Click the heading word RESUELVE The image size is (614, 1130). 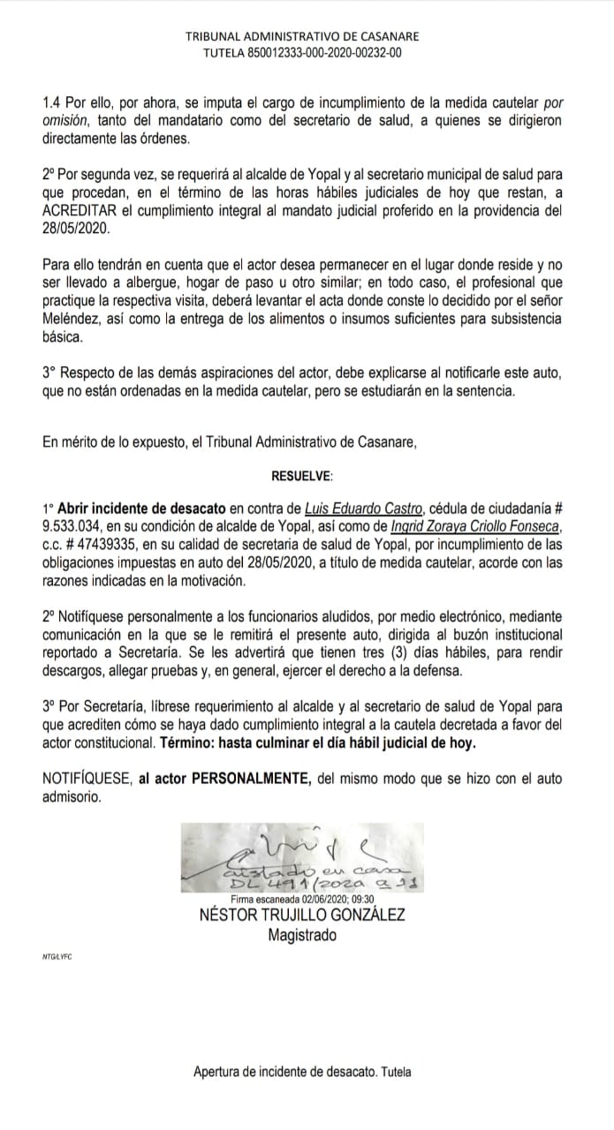click(x=303, y=476)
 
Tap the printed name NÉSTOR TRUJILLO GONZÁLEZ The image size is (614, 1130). click(x=303, y=915)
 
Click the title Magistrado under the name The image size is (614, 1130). click(x=302, y=935)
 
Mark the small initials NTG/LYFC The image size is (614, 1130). click(x=57, y=958)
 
